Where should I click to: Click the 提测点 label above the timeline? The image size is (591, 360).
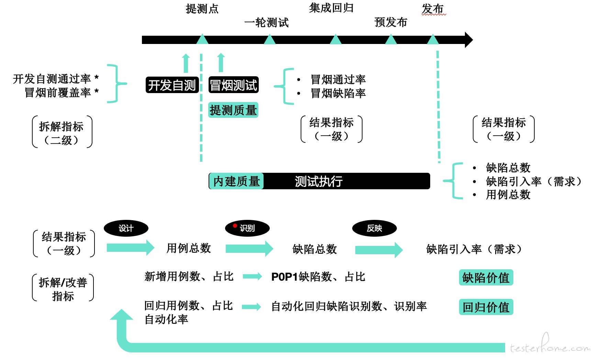(x=202, y=9)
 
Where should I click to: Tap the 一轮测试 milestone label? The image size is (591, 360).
(x=266, y=23)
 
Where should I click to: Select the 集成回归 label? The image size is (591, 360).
(x=331, y=8)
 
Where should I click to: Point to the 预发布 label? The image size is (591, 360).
(x=391, y=22)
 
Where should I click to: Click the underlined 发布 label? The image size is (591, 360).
(x=433, y=9)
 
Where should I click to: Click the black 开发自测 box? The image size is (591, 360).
(x=172, y=85)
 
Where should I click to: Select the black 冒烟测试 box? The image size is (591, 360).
(x=233, y=85)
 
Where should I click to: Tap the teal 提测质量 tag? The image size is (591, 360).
(x=233, y=110)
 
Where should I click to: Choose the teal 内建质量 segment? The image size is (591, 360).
(x=236, y=181)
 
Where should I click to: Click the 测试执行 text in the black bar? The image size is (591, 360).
(x=319, y=181)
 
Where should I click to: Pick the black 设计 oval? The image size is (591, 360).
(x=126, y=228)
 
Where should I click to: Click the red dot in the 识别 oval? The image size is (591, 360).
(x=235, y=226)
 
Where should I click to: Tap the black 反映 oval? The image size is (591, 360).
(x=374, y=228)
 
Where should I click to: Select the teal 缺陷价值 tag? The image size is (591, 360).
(x=486, y=278)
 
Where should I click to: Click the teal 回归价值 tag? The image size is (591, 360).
(x=486, y=307)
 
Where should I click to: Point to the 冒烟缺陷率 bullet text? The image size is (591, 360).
(x=338, y=93)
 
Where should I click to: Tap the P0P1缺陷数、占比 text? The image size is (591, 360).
(x=318, y=277)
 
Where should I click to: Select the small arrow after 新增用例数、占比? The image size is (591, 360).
(x=252, y=276)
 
